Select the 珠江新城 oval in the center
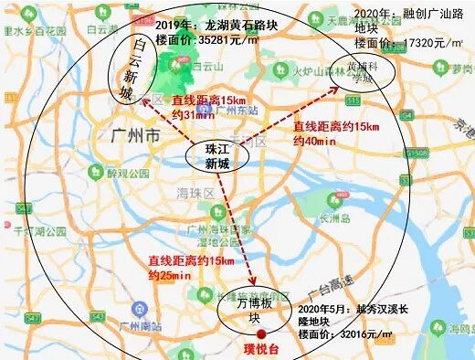216,155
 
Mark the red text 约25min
170,274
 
